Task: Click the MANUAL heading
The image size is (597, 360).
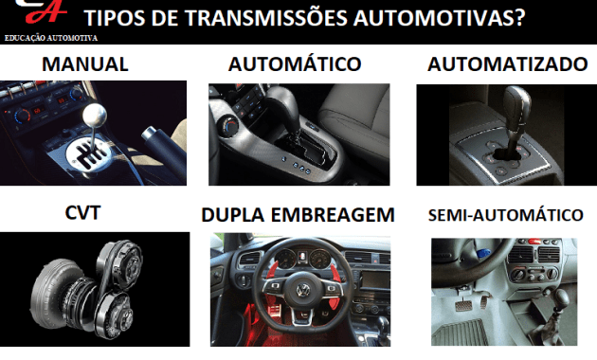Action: (x=85, y=65)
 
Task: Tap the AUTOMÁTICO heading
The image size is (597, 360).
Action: (x=296, y=65)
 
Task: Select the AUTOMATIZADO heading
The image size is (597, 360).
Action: (x=507, y=65)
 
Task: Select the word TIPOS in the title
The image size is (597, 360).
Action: (x=118, y=18)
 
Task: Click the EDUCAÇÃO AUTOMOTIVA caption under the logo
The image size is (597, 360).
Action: (x=51, y=38)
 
